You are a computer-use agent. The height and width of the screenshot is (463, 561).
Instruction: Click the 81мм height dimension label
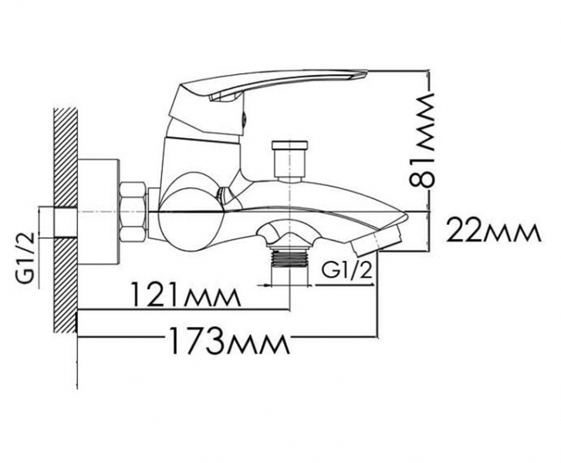click(422, 140)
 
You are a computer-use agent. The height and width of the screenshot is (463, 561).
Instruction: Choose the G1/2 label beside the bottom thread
click(346, 271)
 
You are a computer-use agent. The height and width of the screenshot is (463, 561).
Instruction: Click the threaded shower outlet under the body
click(290, 258)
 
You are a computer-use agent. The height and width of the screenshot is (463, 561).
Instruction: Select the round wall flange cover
click(99, 212)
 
